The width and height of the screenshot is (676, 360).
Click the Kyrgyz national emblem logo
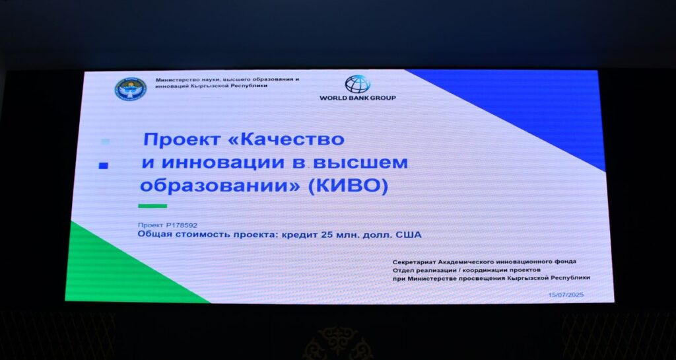[x=130, y=90]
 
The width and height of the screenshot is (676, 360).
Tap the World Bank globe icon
[x=357, y=84]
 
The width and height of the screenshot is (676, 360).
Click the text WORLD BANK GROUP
[x=357, y=98]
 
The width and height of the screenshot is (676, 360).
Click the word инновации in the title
[x=221, y=163]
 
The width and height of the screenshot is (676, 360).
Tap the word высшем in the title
[x=360, y=163]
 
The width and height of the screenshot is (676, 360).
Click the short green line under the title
[x=152, y=206]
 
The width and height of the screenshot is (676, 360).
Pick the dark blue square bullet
[x=103, y=165]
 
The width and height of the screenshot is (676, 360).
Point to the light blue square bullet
[x=105, y=141]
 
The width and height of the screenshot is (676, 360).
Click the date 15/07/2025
[x=566, y=295]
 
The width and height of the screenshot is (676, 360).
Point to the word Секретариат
[x=414, y=262]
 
